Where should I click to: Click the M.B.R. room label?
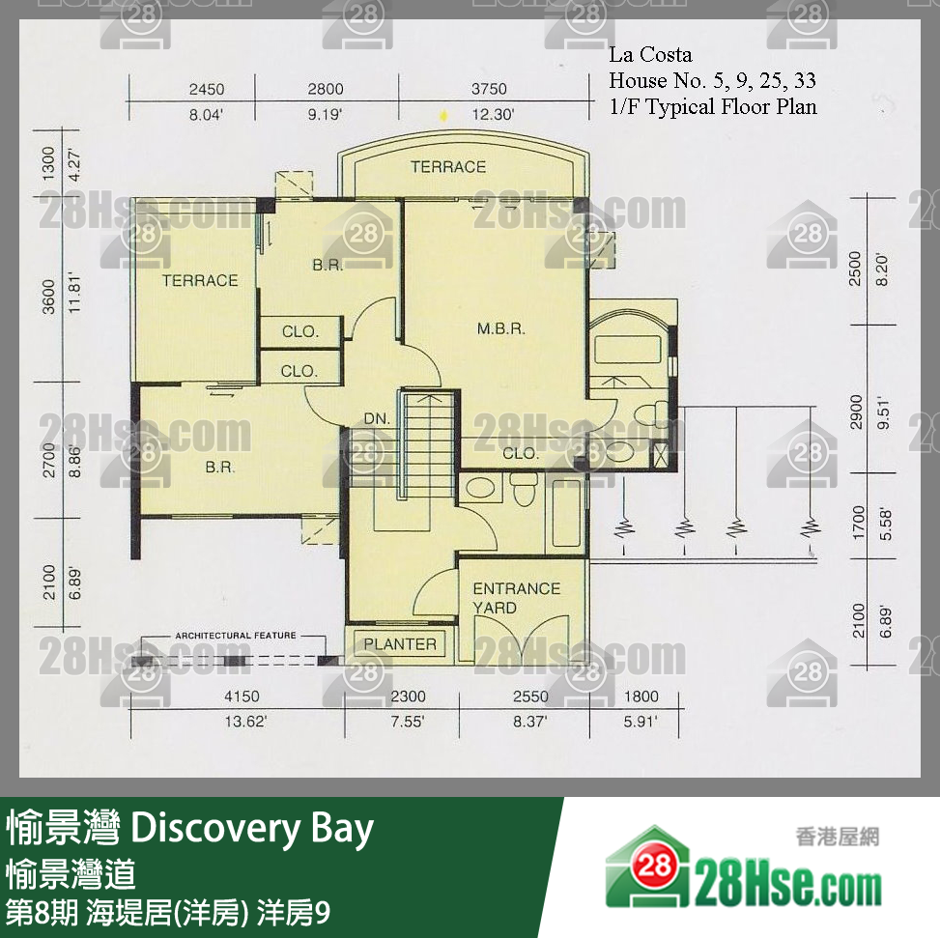click(500, 329)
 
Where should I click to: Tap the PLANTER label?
click(399, 644)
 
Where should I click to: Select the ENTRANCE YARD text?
click(515, 598)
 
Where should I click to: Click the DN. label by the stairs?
click(377, 419)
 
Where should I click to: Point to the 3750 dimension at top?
click(488, 90)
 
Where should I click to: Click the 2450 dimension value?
click(206, 90)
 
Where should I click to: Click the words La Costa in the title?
click(650, 55)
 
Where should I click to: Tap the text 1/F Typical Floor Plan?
click(712, 106)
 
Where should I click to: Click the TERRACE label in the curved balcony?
click(447, 167)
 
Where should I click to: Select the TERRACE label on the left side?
click(199, 281)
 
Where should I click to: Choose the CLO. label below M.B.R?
click(521, 453)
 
